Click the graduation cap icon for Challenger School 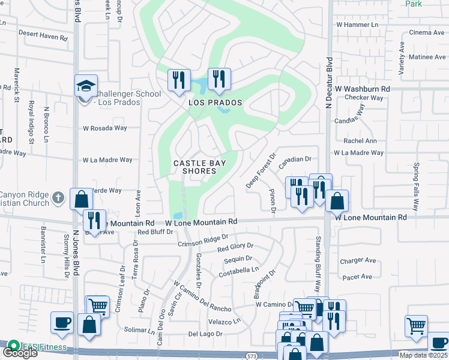pyautogui.click(x=86, y=86)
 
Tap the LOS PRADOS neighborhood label pyautogui.click(x=215, y=103)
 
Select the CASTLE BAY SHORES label pyautogui.click(x=195, y=167)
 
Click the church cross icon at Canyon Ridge pyautogui.click(x=58, y=197)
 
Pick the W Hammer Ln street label pyautogui.click(x=358, y=25)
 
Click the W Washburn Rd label pyautogui.click(x=363, y=89)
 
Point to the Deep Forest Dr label pyautogui.click(x=261, y=170)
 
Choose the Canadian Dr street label pyautogui.click(x=295, y=160)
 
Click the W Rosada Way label pyautogui.click(x=105, y=128)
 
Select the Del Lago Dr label pyautogui.click(x=205, y=334)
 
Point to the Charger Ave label pyautogui.click(x=358, y=261)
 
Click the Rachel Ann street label pyautogui.click(x=360, y=141)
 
